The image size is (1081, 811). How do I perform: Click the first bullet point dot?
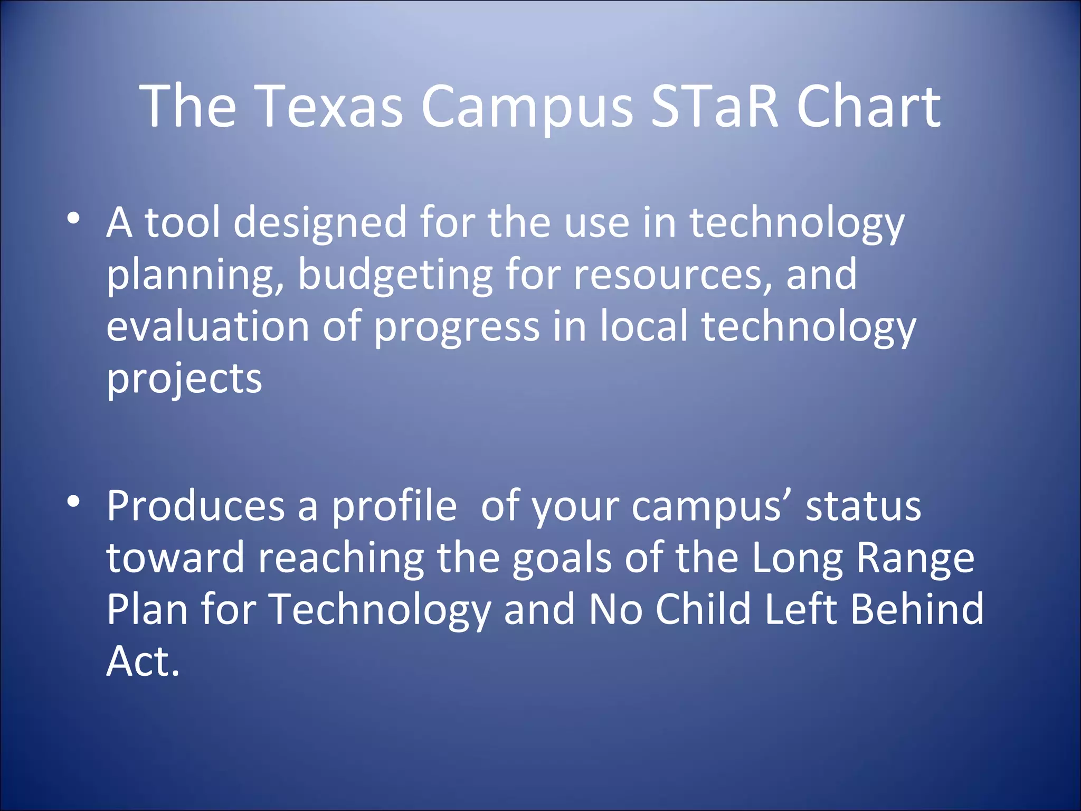[x=73, y=218]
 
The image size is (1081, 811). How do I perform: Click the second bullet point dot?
[x=73, y=501]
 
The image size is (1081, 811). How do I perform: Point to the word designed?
[x=320, y=223]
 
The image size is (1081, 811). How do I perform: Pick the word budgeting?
[x=395, y=275]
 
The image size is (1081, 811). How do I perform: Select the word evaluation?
[x=207, y=327]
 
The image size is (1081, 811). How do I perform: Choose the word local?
[x=644, y=327]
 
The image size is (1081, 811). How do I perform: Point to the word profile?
[x=394, y=506]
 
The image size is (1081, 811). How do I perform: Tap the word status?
[x=864, y=506]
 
